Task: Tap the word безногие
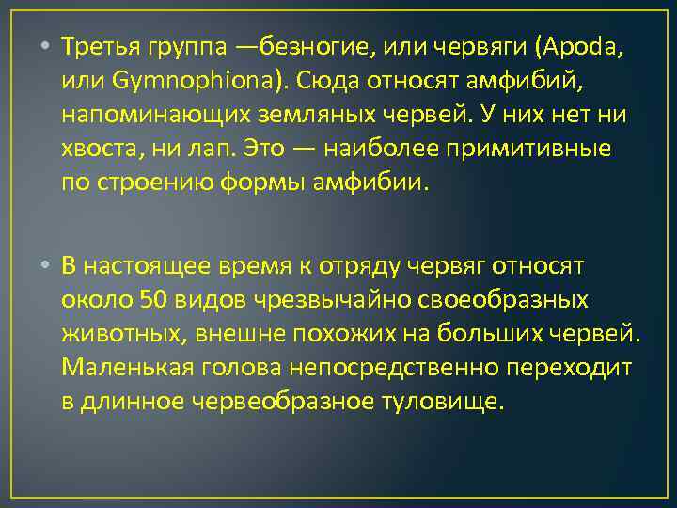307,46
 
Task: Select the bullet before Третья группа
45,46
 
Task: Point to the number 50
154,300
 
